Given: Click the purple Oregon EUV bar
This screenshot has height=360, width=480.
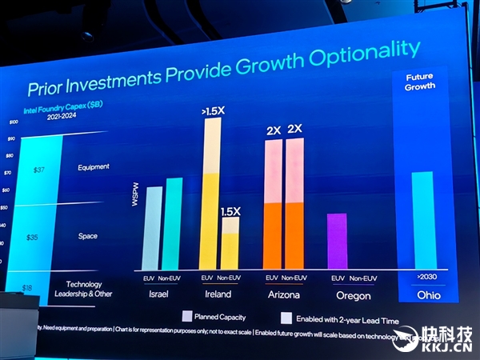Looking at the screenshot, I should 338,241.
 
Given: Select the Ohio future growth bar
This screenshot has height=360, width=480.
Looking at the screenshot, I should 421,220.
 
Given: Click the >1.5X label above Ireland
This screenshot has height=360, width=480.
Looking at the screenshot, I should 212,111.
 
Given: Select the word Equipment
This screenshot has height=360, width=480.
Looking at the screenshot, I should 94,167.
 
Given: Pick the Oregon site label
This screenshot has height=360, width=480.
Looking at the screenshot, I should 352,295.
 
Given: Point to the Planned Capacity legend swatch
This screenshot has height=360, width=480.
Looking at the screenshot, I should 187,316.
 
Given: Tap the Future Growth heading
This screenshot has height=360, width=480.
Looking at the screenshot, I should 419,82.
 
